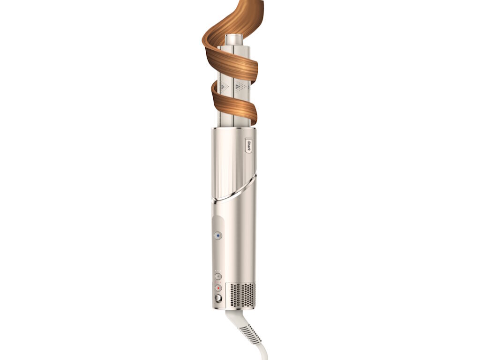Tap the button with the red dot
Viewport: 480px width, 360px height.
pos(218,288)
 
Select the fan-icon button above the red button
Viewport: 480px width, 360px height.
pos(218,277)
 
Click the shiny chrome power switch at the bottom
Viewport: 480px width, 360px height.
pos(218,298)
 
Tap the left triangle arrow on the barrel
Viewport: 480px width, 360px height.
pos(224,87)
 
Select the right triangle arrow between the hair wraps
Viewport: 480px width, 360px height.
pos(239,87)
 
